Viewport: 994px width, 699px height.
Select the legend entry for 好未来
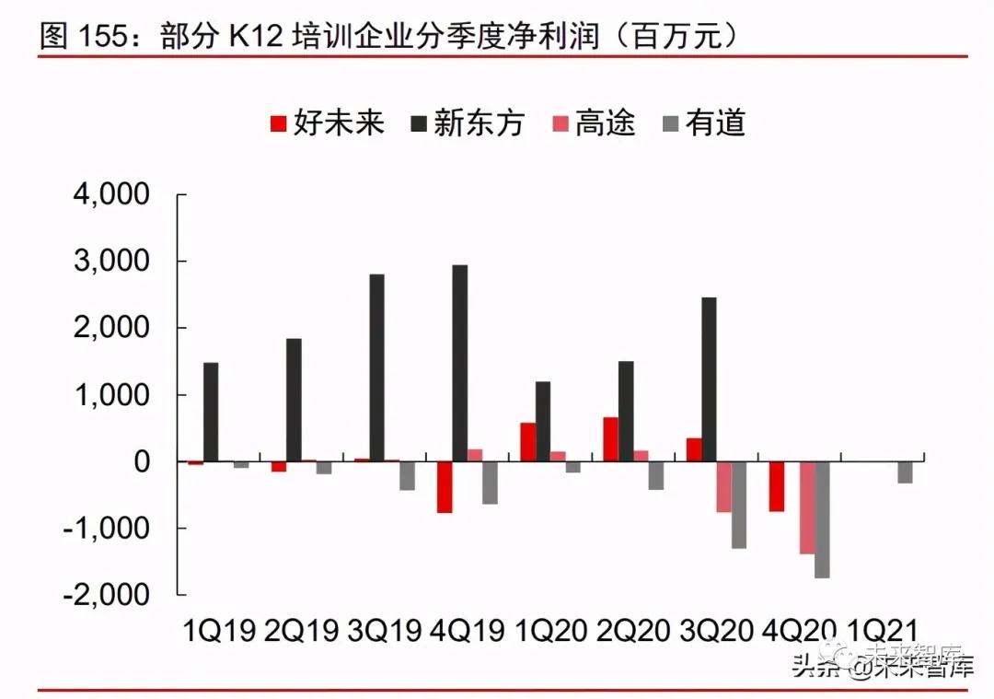[x=327, y=122]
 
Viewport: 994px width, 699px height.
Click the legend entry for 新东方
[x=468, y=122]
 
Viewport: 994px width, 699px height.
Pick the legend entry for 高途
[x=594, y=122]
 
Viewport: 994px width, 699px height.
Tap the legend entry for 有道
[x=703, y=122]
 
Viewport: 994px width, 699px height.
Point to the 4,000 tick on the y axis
[x=111, y=195]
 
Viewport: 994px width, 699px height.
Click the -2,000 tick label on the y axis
[x=107, y=594]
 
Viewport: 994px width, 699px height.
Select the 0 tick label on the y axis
[x=142, y=461]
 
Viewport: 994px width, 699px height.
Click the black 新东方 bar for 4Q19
[x=460, y=363]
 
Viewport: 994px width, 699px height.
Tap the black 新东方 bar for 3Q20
[x=709, y=379]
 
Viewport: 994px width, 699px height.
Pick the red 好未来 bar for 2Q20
[x=610, y=439]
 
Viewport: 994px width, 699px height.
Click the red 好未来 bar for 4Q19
[x=445, y=486]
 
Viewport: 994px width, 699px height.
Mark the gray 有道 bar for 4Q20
[x=822, y=519]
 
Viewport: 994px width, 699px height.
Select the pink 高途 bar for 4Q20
[x=806, y=507]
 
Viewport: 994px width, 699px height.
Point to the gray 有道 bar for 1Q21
[x=905, y=472]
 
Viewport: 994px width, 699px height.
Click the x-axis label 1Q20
[x=551, y=631]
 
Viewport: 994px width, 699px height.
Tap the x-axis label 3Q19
[x=385, y=631]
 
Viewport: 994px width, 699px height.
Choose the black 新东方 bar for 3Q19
[x=377, y=367]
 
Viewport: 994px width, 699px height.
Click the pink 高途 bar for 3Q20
[x=724, y=486]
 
